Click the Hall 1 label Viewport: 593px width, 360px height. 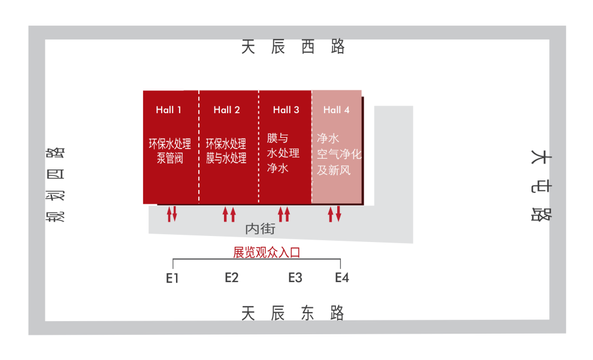click(168, 110)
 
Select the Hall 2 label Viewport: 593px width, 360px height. click(226, 110)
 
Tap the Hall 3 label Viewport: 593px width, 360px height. click(286, 110)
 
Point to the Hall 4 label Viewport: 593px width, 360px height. click(336, 110)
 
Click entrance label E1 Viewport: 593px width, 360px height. click(173, 278)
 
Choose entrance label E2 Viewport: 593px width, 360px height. click(232, 278)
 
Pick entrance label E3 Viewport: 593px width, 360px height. click(295, 278)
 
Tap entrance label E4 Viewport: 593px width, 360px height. click(341, 278)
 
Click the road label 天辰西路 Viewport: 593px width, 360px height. click(294, 47)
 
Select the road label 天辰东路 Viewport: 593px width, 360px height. click(294, 313)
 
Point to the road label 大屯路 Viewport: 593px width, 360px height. click(541, 186)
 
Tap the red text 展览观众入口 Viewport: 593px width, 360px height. click(267, 253)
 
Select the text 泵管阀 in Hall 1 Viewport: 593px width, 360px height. click(170, 159)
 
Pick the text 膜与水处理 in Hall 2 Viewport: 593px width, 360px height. click(226, 159)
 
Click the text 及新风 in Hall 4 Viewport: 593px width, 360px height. click(334, 170)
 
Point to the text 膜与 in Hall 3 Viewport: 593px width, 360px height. click(277, 138)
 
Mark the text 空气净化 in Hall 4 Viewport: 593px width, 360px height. click(339, 154)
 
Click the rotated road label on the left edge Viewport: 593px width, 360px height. click(56, 183)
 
